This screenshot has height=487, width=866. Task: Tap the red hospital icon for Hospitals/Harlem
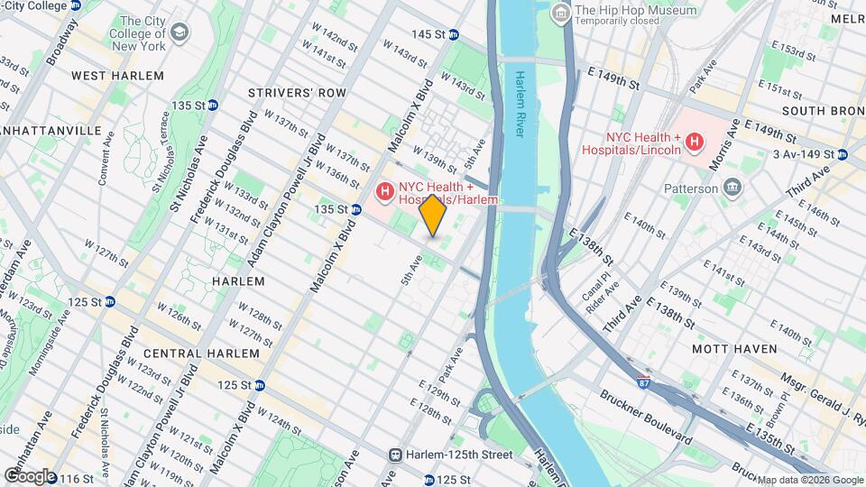(x=384, y=191)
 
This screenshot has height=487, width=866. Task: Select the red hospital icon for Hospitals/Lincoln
(x=694, y=142)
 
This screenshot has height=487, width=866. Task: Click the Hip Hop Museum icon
(x=562, y=12)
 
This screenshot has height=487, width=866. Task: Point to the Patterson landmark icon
(x=732, y=188)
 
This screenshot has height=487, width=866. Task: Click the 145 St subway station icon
(x=454, y=34)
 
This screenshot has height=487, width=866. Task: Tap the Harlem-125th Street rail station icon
(x=395, y=455)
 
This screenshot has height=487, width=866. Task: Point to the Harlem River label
(x=520, y=103)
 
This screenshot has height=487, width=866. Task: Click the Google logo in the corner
(x=30, y=475)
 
